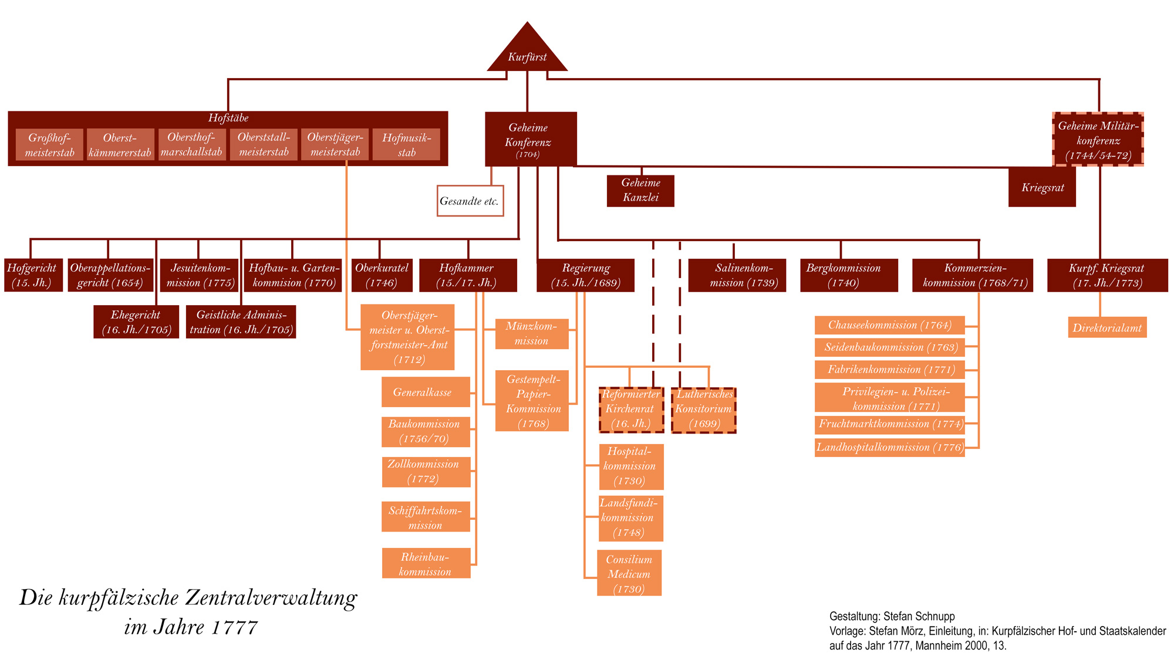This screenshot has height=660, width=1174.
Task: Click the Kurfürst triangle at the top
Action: pyautogui.click(x=527, y=53)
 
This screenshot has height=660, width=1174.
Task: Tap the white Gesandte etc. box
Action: pyautogui.click(x=470, y=201)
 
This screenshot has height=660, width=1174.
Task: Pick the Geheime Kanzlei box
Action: pyautogui.click(x=640, y=191)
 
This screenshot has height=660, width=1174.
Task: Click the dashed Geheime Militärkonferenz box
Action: pyautogui.click(x=1098, y=140)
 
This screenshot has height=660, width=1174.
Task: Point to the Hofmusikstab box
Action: pyautogui.click(x=406, y=145)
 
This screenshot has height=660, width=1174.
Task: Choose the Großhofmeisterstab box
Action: pyautogui.click(x=50, y=145)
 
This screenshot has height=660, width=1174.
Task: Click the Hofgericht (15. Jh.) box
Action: pyautogui.click(x=33, y=275)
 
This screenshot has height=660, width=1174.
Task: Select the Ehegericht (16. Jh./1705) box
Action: pyautogui.click(x=136, y=322)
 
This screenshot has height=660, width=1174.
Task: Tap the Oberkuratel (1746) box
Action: pyautogui.click(x=382, y=275)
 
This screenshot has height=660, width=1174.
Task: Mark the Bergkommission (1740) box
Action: pyautogui.click(x=849, y=275)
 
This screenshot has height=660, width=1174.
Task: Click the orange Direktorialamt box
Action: pyautogui.click(x=1107, y=328)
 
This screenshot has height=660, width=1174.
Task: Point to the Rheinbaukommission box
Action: pyautogui.click(x=426, y=564)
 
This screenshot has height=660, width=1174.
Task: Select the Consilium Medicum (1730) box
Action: pyautogui.click(x=629, y=573)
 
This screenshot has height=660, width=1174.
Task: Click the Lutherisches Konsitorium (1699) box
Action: pyautogui.click(x=703, y=409)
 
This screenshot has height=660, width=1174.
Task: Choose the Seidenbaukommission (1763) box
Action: pyautogui.click(x=890, y=347)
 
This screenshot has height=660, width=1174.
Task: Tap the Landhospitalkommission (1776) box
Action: pyautogui.click(x=890, y=448)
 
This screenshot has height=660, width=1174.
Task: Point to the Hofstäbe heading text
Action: pyautogui.click(x=228, y=118)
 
